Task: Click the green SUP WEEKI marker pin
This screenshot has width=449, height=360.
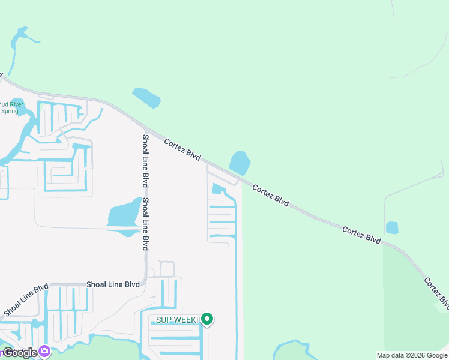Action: pyautogui.click(x=207, y=319)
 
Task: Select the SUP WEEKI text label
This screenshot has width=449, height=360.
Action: pyautogui.click(x=177, y=320)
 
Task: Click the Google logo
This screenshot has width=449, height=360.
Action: pyautogui.click(x=20, y=353)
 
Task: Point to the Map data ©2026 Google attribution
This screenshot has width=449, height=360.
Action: pyautogui.click(x=412, y=355)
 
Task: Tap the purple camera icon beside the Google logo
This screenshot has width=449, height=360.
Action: pyautogui.click(x=44, y=352)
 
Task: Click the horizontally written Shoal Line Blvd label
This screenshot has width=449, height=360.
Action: pyautogui.click(x=113, y=284)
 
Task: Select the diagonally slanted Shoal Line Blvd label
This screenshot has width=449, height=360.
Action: pyautogui.click(x=25, y=299)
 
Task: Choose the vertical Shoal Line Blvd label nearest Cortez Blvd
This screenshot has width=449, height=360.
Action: pyautogui.click(x=145, y=161)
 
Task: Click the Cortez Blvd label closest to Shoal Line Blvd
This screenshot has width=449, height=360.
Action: pyautogui.click(x=182, y=148)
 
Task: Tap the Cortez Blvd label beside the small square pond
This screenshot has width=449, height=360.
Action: pyautogui.click(x=361, y=235)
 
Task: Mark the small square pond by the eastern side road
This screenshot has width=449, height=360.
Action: pyautogui.click(x=392, y=228)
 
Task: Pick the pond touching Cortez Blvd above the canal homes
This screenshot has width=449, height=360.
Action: pyautogui.click(x=240, y=163)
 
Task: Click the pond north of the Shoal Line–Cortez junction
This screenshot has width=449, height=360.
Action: pyautogui.click(x=146, y=97)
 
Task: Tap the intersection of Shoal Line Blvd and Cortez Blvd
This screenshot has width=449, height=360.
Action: pyautogui.click(x=146, y=128)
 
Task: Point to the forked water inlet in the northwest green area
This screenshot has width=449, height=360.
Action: pyautogui.click(x=22, y=38)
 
